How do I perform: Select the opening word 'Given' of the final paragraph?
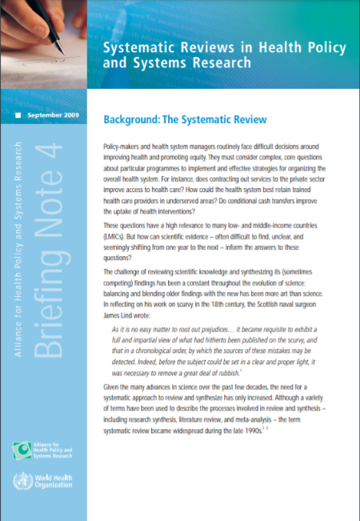tap(114, 389)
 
